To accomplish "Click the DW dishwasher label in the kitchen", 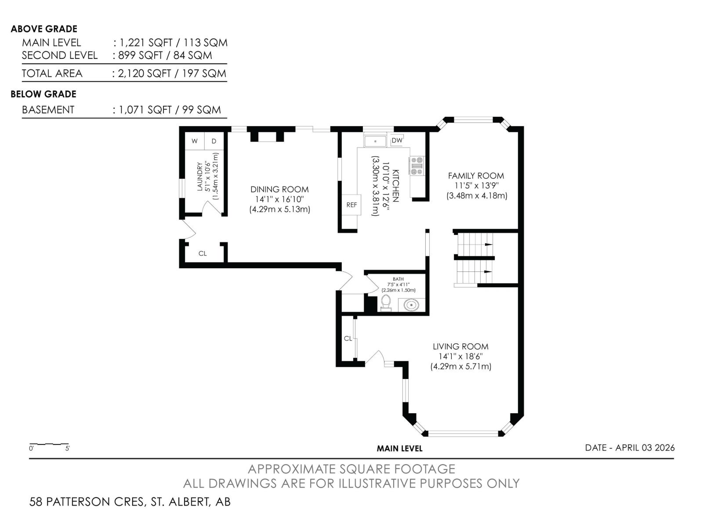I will click(x=397, y=141).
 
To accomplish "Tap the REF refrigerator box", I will click(x=351, y=205).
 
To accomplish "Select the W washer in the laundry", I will click(x=195, y=141).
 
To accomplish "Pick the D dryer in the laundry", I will click(x=214, y=141).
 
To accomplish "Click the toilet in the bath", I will click(x=386, y=302).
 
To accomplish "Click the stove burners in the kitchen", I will click(x=417, y=166).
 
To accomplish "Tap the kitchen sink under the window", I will click(x=375, y=141).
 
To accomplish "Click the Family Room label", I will click(x=476, y=176).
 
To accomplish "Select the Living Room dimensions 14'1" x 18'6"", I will click(x=460, y=357).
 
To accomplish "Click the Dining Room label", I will click(x=279, y=189).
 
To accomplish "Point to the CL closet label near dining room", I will click(x=203, y=253).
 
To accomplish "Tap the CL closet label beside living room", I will click(x=348, y=338).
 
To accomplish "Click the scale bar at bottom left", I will click(x=49, y=444).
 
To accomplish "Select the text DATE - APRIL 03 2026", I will click(x=630, y=448).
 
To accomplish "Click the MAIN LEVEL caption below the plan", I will click(x=399, y=448).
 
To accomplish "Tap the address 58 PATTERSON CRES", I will click(x=87, y=502).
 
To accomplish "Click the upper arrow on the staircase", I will click(x=488, y=244).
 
